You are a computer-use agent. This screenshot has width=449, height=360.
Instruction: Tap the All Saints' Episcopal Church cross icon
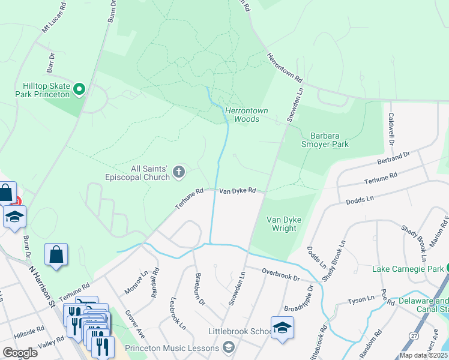click(178, 173)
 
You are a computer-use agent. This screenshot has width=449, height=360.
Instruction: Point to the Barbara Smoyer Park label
click(329, 140)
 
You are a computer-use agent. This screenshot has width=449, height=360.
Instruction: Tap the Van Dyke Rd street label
click(238, 191)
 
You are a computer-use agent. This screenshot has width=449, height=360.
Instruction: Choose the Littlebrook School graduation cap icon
click(282, 328)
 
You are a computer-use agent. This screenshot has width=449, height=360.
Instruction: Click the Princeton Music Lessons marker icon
click(228, 347)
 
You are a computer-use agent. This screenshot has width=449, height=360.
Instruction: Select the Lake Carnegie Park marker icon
click(445, 268)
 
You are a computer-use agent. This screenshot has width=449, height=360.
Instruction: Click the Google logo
click(20, 353)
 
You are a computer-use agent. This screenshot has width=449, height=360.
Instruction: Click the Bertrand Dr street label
click(393, 158)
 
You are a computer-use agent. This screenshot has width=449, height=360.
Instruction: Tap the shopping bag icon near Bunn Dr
click(56, 254)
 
